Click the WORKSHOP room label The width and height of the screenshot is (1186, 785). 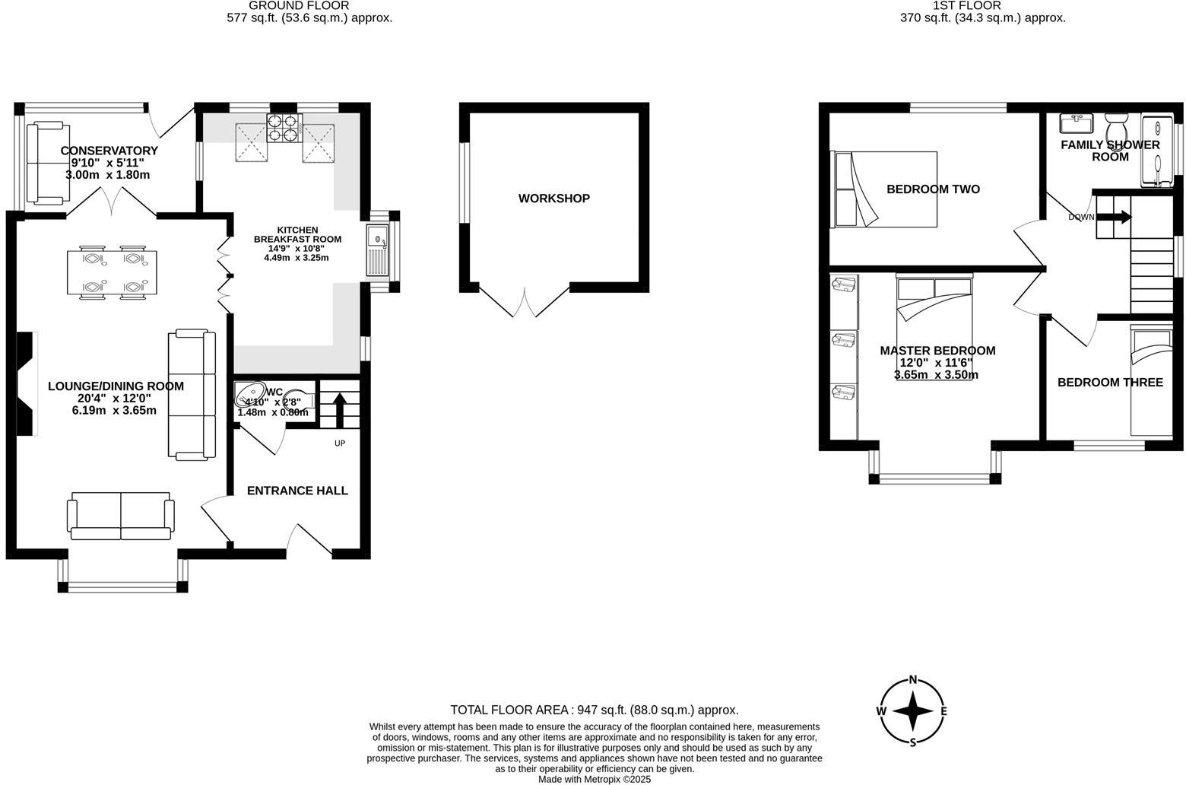coord(553,199)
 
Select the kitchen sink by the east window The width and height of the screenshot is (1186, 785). coord(378,249)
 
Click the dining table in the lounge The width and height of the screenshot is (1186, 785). coord(112,272)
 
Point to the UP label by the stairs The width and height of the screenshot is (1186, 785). coord(339,443)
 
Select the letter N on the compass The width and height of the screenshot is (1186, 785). coord(913,680)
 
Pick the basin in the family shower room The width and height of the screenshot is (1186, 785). coord(1077,122)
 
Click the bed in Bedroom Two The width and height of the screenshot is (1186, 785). coord(886,189)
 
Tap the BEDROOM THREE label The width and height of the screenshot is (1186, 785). coord(1110,383)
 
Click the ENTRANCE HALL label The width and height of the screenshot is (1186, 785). coord(297,491)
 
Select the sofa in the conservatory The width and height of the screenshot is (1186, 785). coord(45,164)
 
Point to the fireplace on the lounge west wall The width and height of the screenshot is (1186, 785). coord(27,384)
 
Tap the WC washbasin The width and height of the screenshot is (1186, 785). coord(249,396)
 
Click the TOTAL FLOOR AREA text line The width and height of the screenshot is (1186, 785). coord(594,710)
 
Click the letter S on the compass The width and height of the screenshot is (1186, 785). coord(913,742)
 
